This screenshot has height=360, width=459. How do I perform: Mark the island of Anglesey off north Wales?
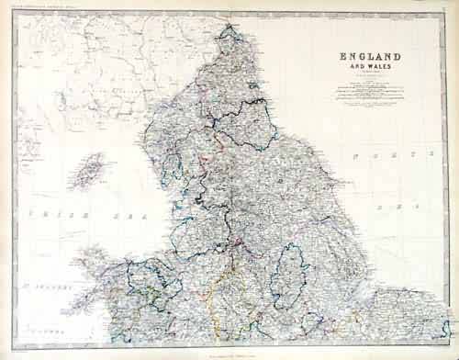click(108, 266)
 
